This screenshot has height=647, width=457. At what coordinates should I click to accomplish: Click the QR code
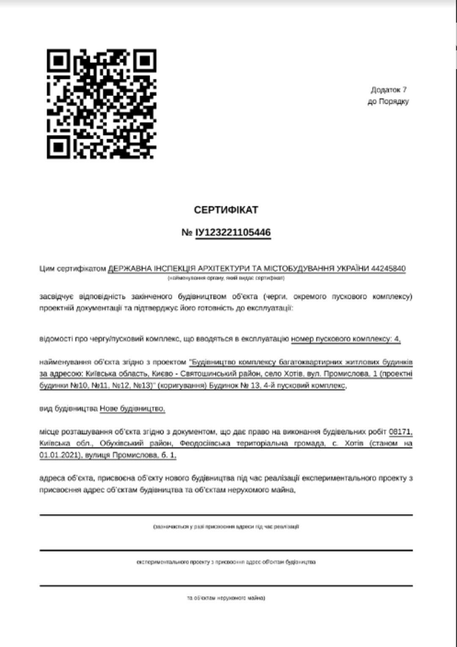pos(101,104)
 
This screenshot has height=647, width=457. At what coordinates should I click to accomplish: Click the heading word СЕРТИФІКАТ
pos(226,210)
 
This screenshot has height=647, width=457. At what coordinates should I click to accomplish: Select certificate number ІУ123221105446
pos(233,232)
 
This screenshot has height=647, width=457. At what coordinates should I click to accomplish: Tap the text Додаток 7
pos(388,90)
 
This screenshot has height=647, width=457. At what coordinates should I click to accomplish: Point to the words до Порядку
pos(388,101)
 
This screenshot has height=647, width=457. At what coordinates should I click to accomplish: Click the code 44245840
pos(388,269)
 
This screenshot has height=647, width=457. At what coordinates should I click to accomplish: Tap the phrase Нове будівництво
pos(132,408)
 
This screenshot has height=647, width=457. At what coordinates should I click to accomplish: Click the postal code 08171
pos(400,432)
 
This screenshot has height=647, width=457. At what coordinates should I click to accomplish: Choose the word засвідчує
pos(57,296)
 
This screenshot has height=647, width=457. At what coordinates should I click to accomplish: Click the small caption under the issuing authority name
pos(226,278)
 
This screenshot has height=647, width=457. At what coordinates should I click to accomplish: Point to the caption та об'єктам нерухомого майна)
pos(226,598)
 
